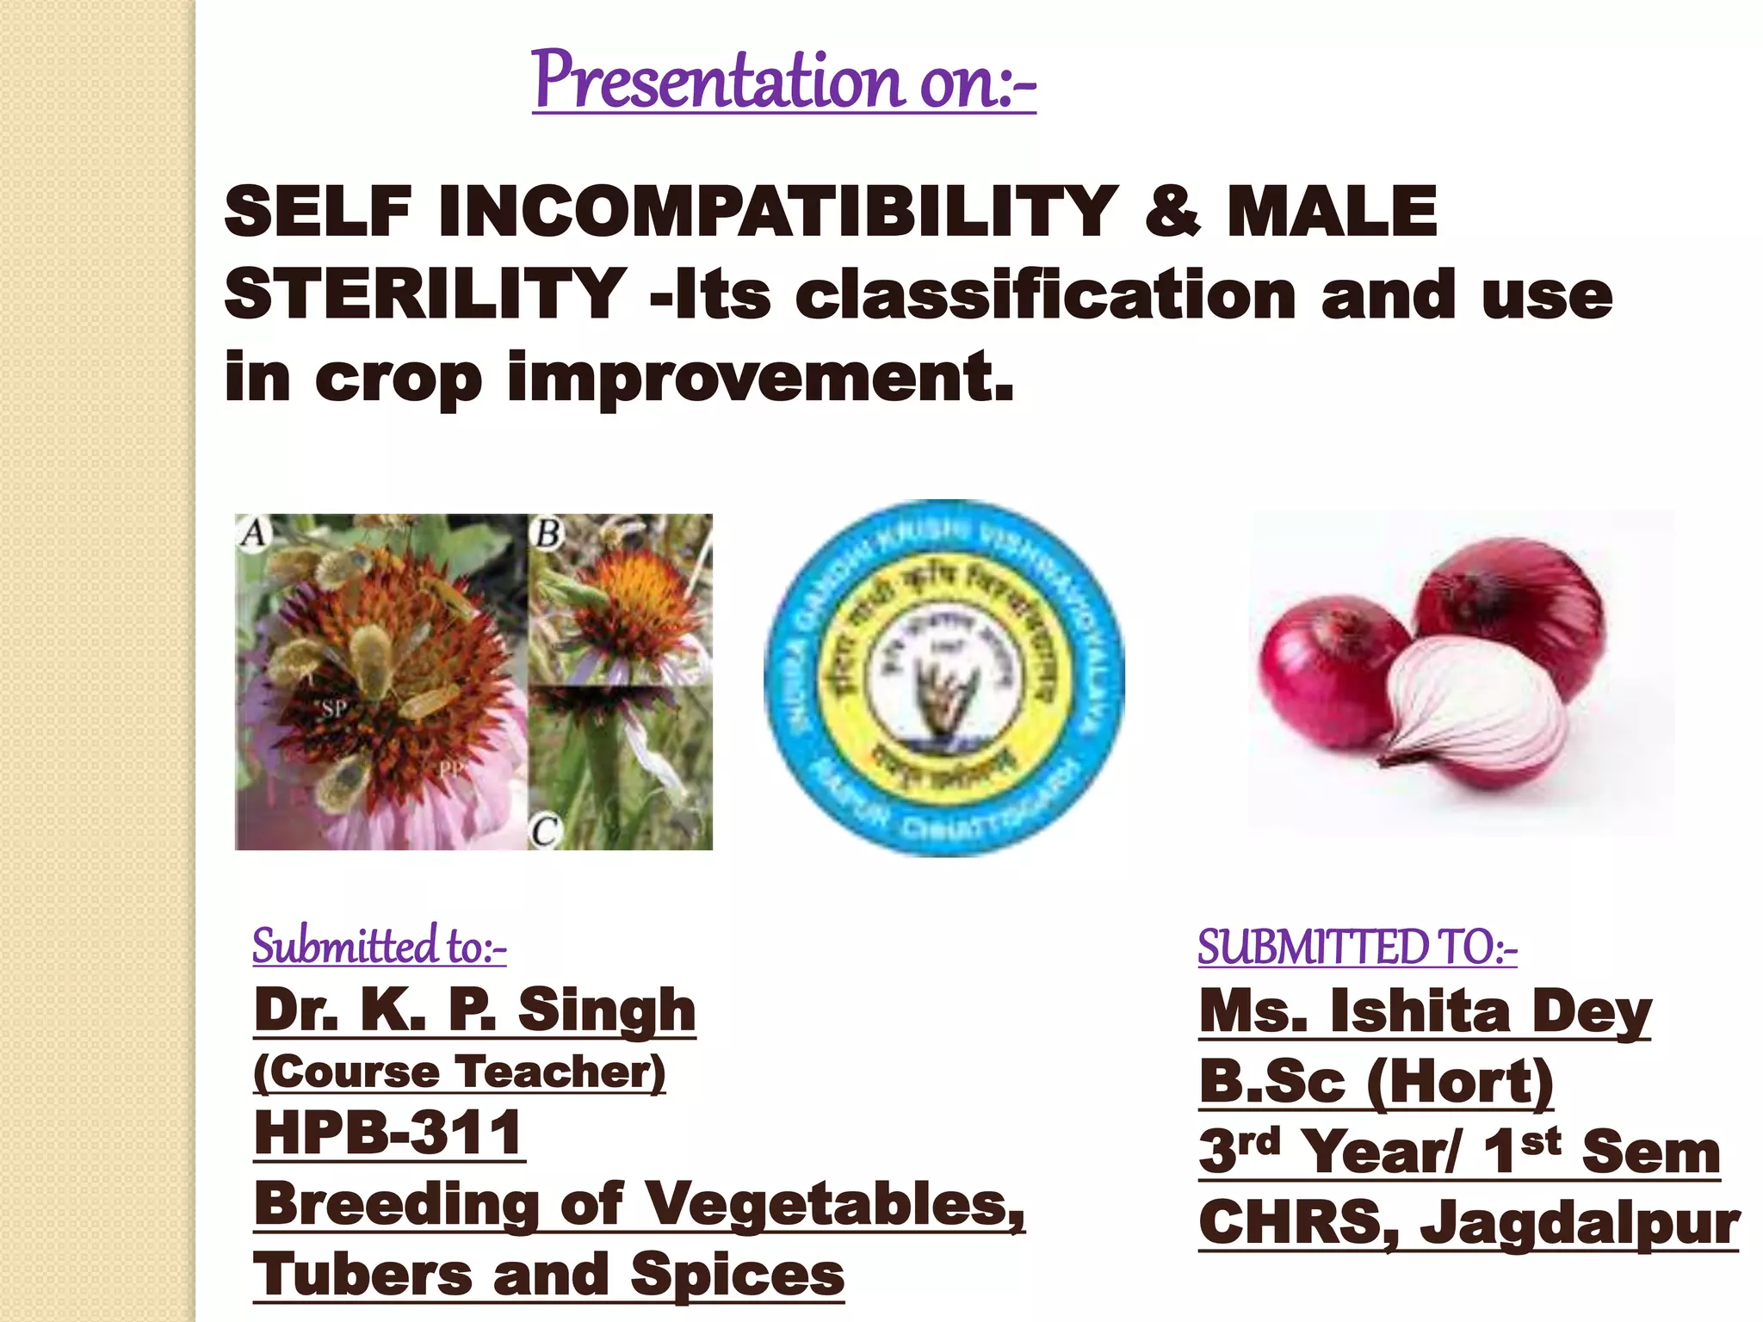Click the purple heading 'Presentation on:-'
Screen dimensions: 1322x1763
click(x=783, y=81)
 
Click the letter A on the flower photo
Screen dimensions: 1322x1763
click(x=253, y=532)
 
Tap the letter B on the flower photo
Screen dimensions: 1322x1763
click(x=548, y=534)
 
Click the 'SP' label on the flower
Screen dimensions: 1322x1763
click(x=333, y=708)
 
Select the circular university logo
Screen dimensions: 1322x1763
click(x=944, y=678)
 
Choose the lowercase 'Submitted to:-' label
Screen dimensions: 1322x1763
click(x=380, y=946)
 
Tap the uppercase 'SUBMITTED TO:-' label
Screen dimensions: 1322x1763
click(x=1357, y=948)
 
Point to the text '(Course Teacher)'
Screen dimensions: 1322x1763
click(x=460, y=1072)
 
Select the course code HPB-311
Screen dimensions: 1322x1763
click(x=389, y=1133)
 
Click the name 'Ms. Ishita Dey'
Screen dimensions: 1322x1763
click(x=1425, y=1011)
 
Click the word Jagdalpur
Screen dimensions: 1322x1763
click(x=1579, y=1223)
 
